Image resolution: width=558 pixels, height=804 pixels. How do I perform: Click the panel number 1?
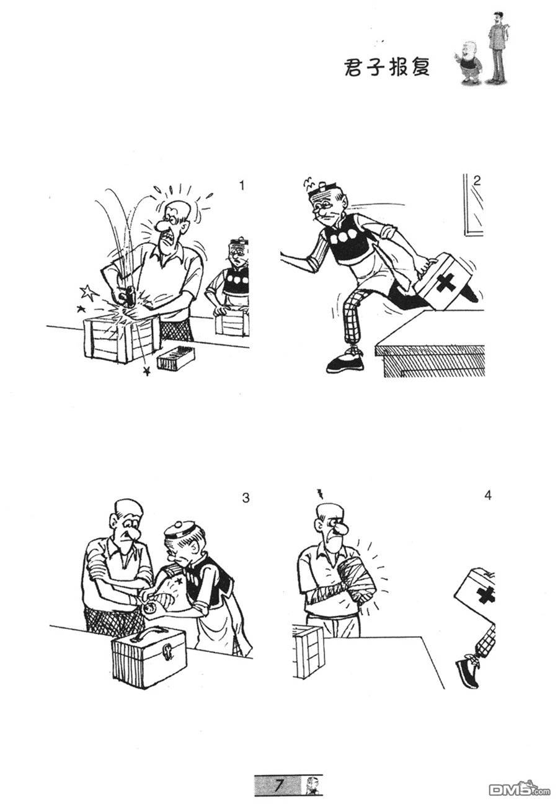242,185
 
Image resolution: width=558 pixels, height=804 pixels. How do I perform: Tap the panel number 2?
476,181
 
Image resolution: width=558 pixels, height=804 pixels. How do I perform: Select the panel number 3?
246,498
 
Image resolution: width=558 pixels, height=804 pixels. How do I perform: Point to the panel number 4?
488,495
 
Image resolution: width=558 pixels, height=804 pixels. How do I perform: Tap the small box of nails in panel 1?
175,357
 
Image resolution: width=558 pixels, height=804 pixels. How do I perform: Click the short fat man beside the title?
469,63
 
